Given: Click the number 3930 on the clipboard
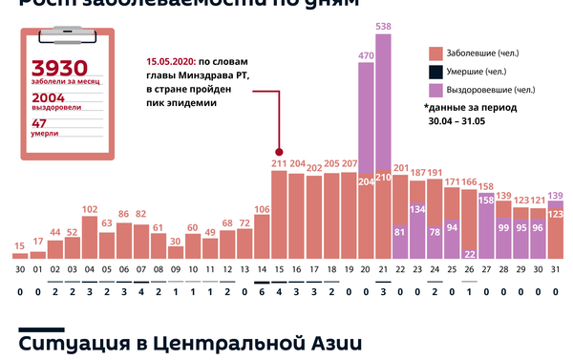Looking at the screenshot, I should [x=59, y=69].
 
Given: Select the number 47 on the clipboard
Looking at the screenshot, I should [x=39, y=123].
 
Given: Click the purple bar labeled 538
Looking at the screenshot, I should [x=384, y=105].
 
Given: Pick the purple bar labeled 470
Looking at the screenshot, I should [x=366, y=119].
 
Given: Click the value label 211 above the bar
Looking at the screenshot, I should [x=279, y=164].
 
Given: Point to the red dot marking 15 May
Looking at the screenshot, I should [x=279, y=151].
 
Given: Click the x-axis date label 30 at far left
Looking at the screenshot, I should [x=20, y=270].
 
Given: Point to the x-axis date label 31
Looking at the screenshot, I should [x=556, y=270].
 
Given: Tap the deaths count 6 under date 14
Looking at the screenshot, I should [x=262, y=294].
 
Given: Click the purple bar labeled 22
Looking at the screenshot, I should [x=469, y=253].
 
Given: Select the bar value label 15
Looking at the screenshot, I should [x=20, y=246].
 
